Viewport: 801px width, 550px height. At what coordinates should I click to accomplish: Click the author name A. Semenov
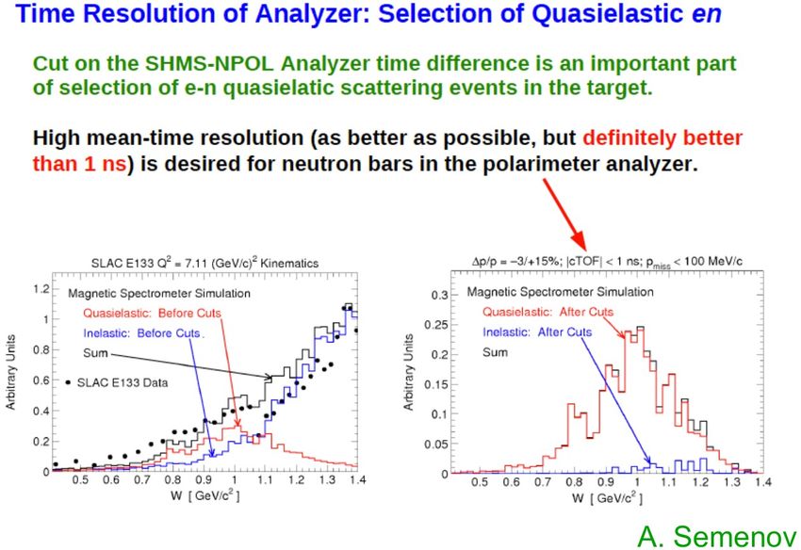(x=717, y=536)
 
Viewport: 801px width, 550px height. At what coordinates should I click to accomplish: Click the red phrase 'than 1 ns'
(x=79, y=164)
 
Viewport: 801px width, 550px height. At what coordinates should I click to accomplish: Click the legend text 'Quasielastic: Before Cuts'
(x=152, y=313)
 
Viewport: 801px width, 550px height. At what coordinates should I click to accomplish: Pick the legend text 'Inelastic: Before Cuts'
(x=141, y=333)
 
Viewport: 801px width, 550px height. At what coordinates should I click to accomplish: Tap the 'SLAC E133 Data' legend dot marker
(x=68, y=382)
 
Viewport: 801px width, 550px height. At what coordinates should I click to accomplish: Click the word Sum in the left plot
(x=95, y=353)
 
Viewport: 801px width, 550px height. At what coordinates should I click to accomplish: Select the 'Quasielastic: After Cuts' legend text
(x=548, y=312)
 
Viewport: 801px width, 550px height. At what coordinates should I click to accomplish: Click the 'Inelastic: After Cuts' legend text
(x=537, y=332)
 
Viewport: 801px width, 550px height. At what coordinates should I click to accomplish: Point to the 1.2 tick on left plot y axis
(x=41, y=289)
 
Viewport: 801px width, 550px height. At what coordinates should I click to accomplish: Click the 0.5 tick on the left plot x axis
(x=80, y=480)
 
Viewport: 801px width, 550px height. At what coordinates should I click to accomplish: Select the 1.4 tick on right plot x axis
(x=763, y=482)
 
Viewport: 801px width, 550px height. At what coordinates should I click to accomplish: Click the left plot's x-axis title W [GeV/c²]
(x=205, y=494)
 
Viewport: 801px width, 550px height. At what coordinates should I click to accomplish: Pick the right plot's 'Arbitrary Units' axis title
(x=408, y=372)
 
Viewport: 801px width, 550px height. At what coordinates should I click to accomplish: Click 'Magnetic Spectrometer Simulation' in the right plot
(x=561, y=292)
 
